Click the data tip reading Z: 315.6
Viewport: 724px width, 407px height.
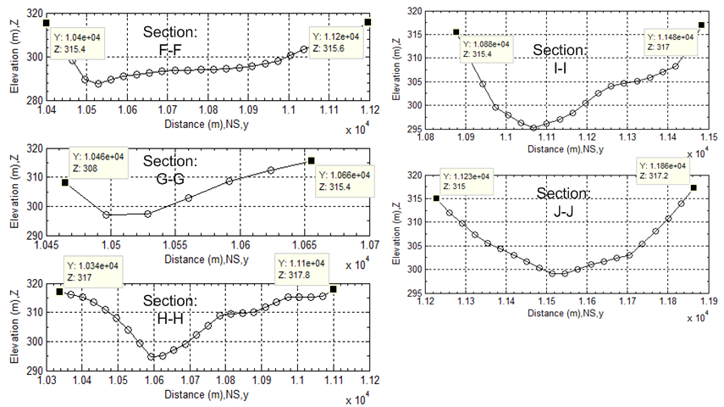tap(336, 42)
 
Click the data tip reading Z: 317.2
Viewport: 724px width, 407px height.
tap(661, 170)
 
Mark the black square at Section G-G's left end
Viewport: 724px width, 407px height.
tap(64, 182)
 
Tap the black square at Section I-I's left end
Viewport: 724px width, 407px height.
tap(456, 32)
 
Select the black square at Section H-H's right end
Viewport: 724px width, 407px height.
tap(334, 289)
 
